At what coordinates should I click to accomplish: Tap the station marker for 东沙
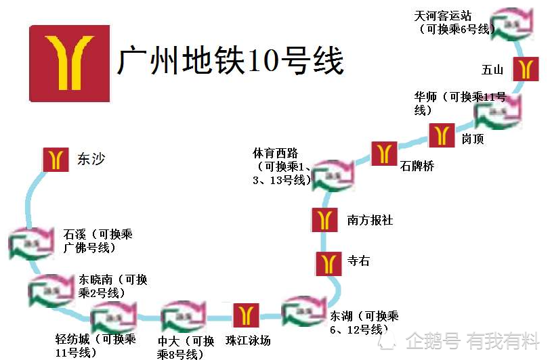tap(56, 160)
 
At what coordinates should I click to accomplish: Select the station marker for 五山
tap(526, 69)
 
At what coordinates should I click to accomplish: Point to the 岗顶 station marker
tap(442, 135)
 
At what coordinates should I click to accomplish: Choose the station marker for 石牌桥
tap(384, 153)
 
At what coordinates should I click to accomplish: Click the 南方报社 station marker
tap(324, 220)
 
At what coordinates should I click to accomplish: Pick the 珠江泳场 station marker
tap(246, 315)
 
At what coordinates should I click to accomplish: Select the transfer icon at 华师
tap(498, 110)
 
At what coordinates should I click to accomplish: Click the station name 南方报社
tap(370, 221)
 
